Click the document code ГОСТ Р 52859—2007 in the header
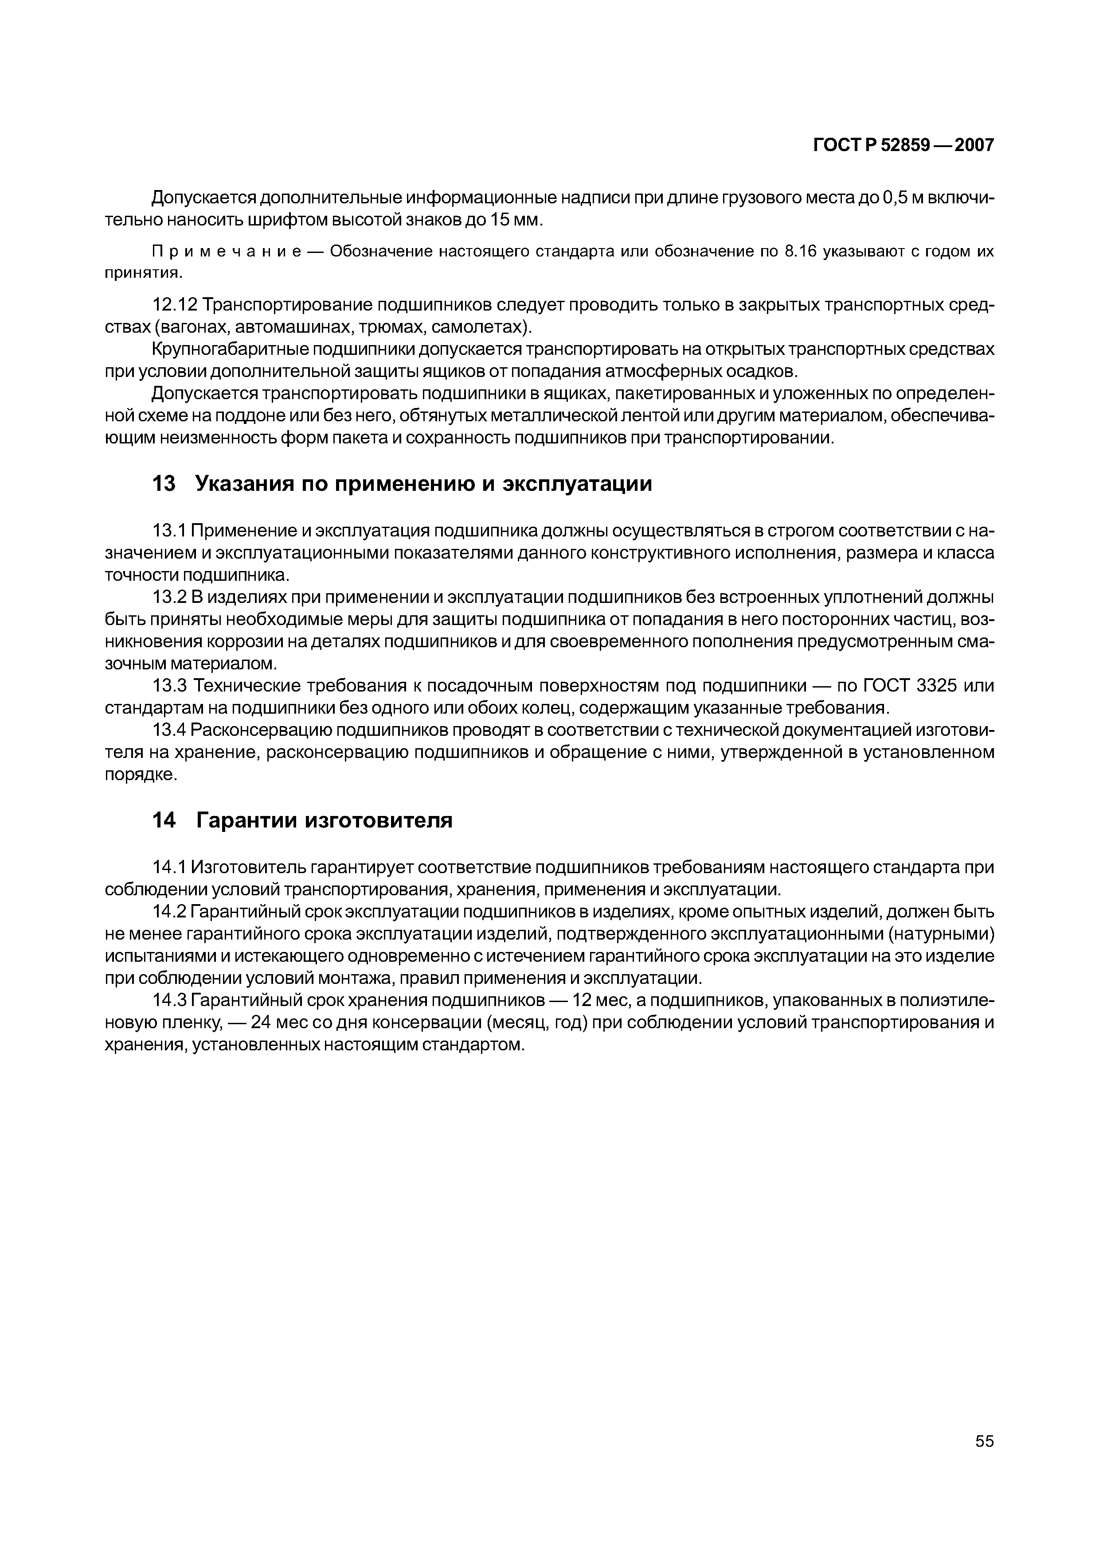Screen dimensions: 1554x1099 tap(903, 145)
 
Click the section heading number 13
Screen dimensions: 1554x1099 tap(164, 484)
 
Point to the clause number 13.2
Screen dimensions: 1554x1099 tap(169, 598)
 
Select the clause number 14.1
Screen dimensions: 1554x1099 tap(169, 867)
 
